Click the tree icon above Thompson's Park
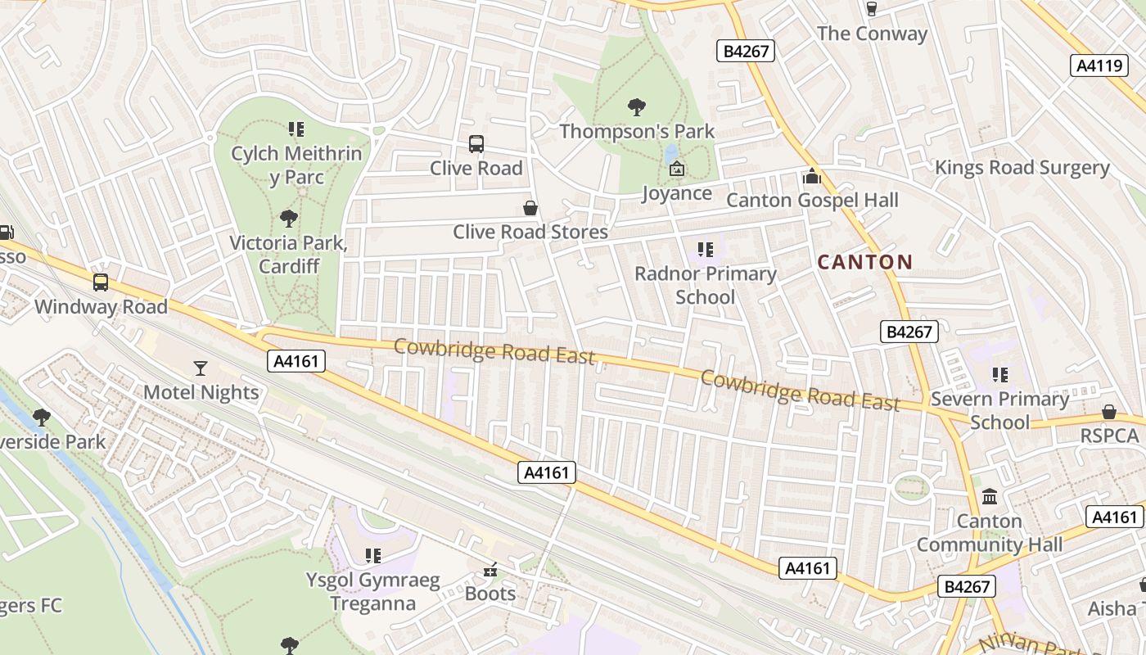pyautogui.click(x=636, y=106)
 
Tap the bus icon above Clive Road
pyautogui.click(x=476, y=144)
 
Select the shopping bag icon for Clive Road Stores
pyautogui.click(x=530, y=208)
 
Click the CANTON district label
pyautogui.click(x=865, y=263)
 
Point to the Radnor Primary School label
pyautogui.click(x=705, y=285)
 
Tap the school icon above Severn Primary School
pyautogui.click(x=999, y=375)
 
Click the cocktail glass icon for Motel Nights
pyautogui.click(x=201, y=368)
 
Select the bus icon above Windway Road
pyautogui.click(x=101, y=282)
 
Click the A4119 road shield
pyautogui.click(x=1099, y=65)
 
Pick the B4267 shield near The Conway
pyautogui.click(x=745, y=51)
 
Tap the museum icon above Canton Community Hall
pyautogui.click(x=989, y=497)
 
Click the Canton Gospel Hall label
pyautogui.click(x=812, y=201)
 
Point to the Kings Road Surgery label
pyautogui.click(x=1022, y=168)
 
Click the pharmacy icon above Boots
pyautogui.click(x=490, y=570)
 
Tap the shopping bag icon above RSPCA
pyautogui.click(x=1109, y=412)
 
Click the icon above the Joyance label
pyautogui.click(x=676, y=169)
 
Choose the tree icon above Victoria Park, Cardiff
pyautogui.click(x=288, y=219)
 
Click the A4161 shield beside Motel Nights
pyautogui.click(x=296, y=361)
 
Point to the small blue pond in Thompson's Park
pyautogui.click(x=671, y=152)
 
